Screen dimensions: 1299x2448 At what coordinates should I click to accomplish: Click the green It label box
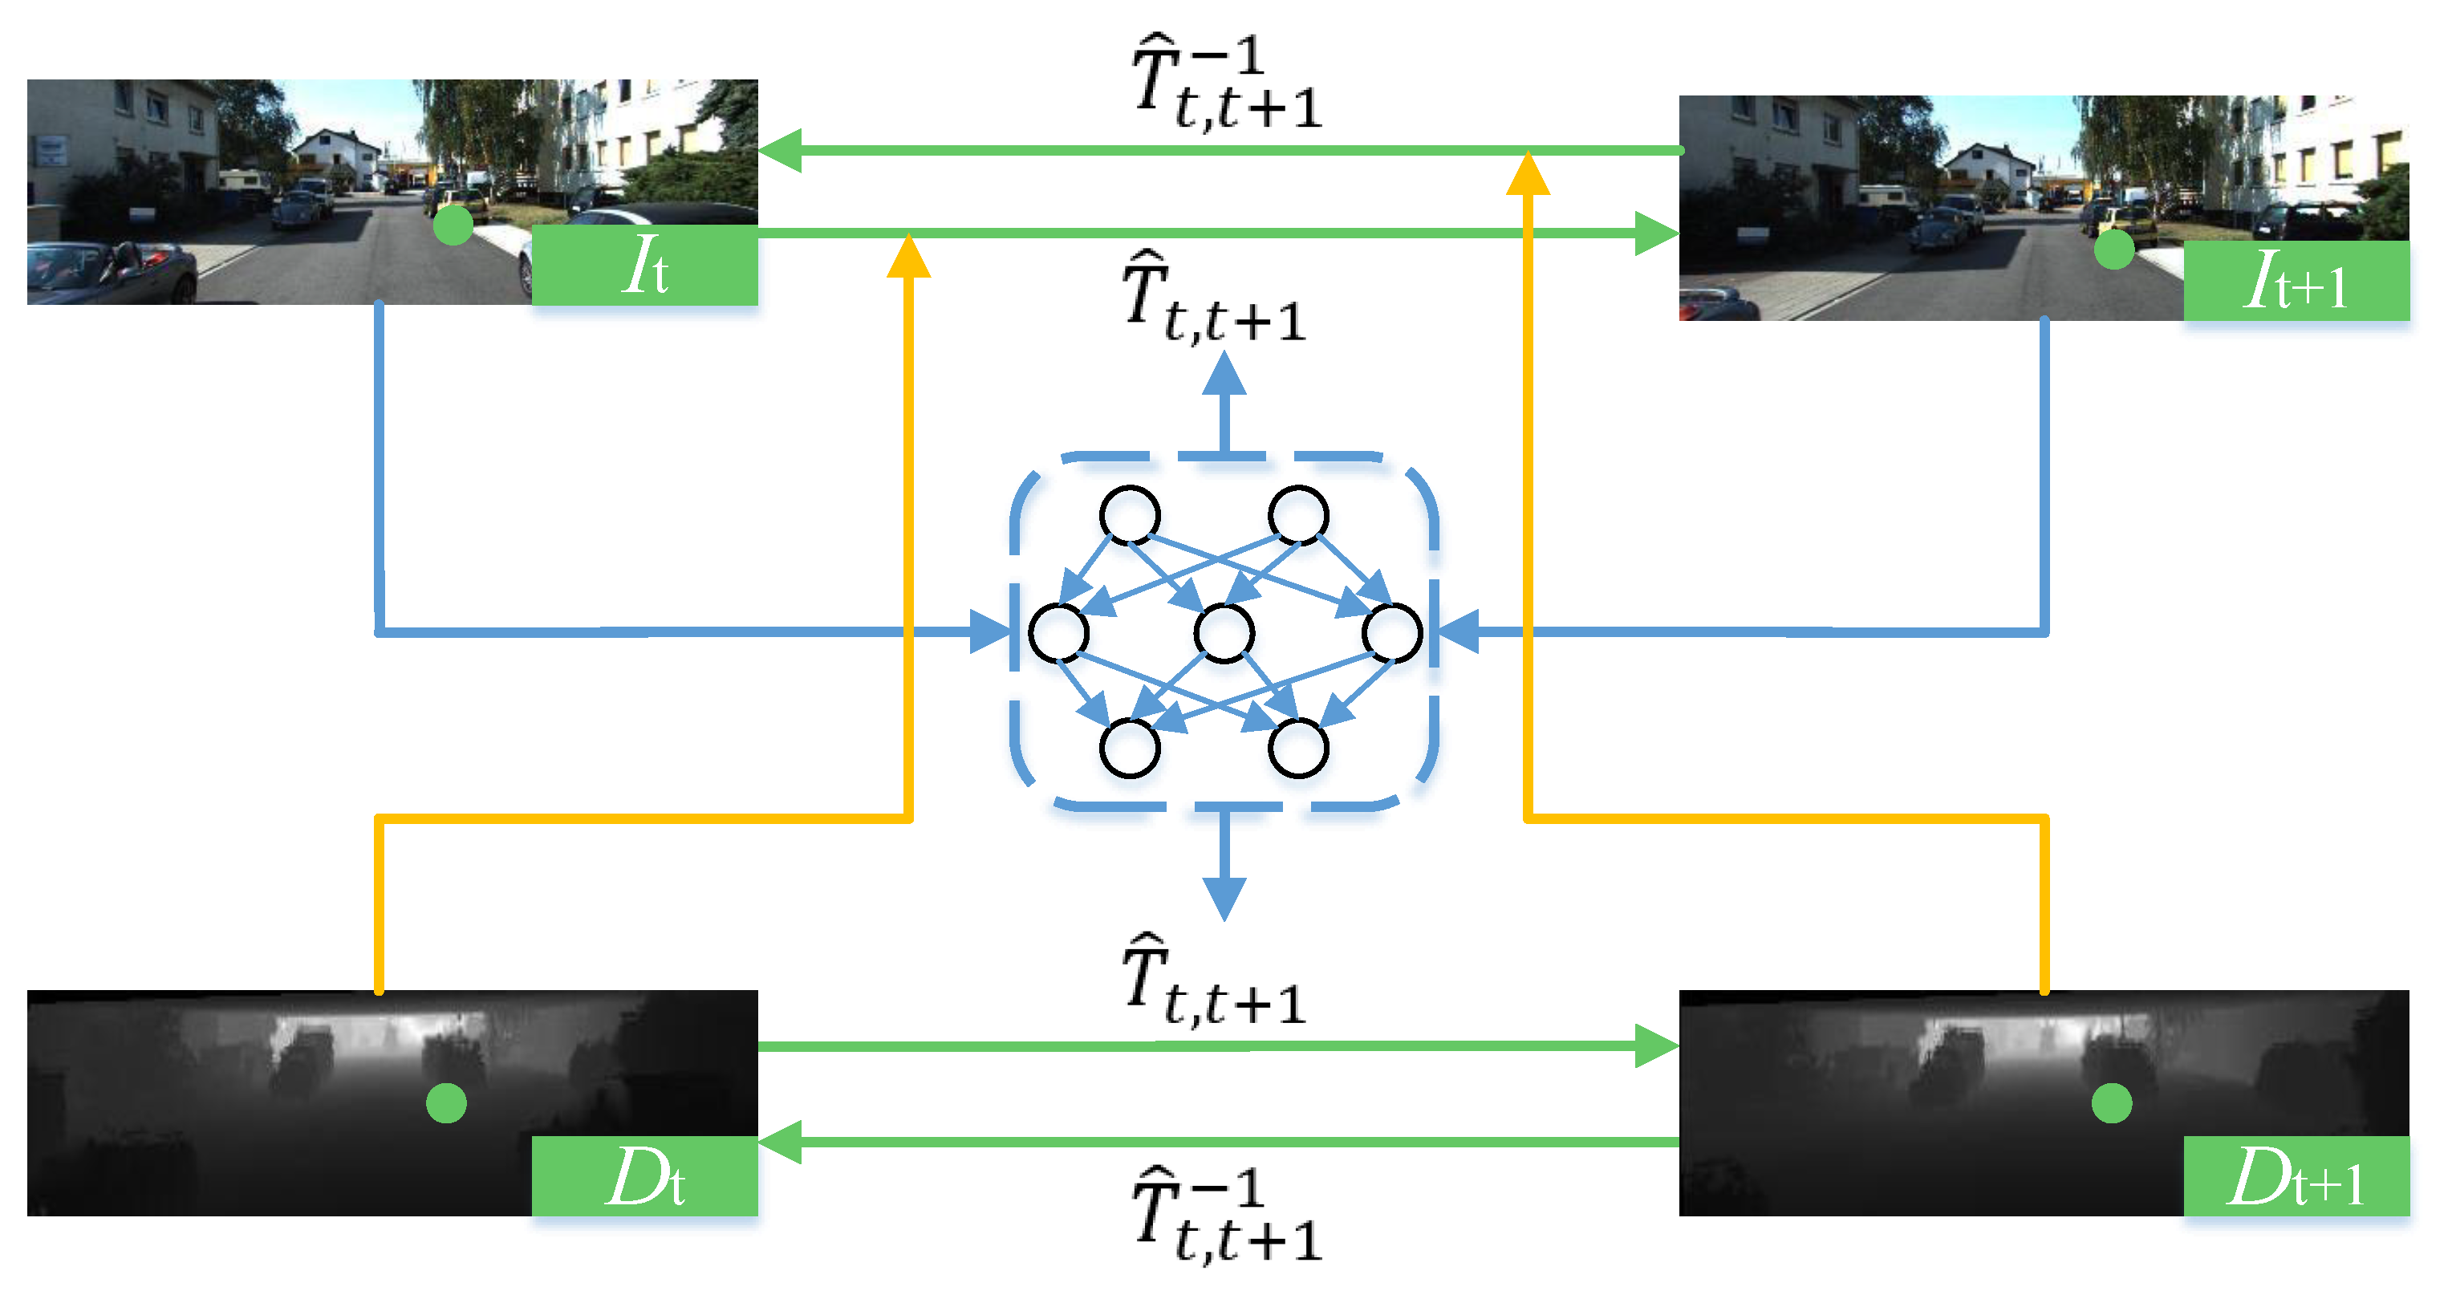tap(644, 265)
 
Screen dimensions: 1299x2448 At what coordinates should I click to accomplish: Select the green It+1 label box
tap(2295, 282)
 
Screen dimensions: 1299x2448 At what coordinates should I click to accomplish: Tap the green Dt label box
tap(644, 1176)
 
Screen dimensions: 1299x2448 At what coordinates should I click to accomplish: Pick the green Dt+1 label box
tap(2295, 1176)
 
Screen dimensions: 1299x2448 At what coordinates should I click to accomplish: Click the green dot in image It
tap(453, 225)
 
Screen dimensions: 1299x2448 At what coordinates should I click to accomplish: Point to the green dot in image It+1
tap(2113, 250)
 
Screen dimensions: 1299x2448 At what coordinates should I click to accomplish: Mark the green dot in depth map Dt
tap(445, 1103)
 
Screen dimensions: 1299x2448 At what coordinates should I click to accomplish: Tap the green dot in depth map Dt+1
tap(2112, 1103)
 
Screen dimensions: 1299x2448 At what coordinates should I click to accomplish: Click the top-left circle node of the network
tap(1130, 515)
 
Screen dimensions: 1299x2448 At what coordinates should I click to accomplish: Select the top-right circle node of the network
tap(1298, 515)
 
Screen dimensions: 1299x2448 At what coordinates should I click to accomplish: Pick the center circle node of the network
tap(1224, 633)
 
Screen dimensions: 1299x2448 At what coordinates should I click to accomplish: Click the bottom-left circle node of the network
tap(1130, 748)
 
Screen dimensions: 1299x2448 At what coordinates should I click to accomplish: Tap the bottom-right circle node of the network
tap(1298, 748)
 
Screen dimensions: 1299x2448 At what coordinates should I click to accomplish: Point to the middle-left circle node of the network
tap(1058, 633)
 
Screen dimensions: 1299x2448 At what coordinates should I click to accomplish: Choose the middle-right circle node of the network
tap(1391, 633)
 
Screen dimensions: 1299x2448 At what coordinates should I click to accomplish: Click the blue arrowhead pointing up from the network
tap(1224, 373)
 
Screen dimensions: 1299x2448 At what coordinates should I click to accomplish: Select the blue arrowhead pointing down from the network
tap(1224, 897)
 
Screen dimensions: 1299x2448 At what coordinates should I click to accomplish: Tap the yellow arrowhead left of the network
tap(907, 257)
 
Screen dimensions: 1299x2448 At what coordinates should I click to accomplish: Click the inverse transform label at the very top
tap(1226, 83)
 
